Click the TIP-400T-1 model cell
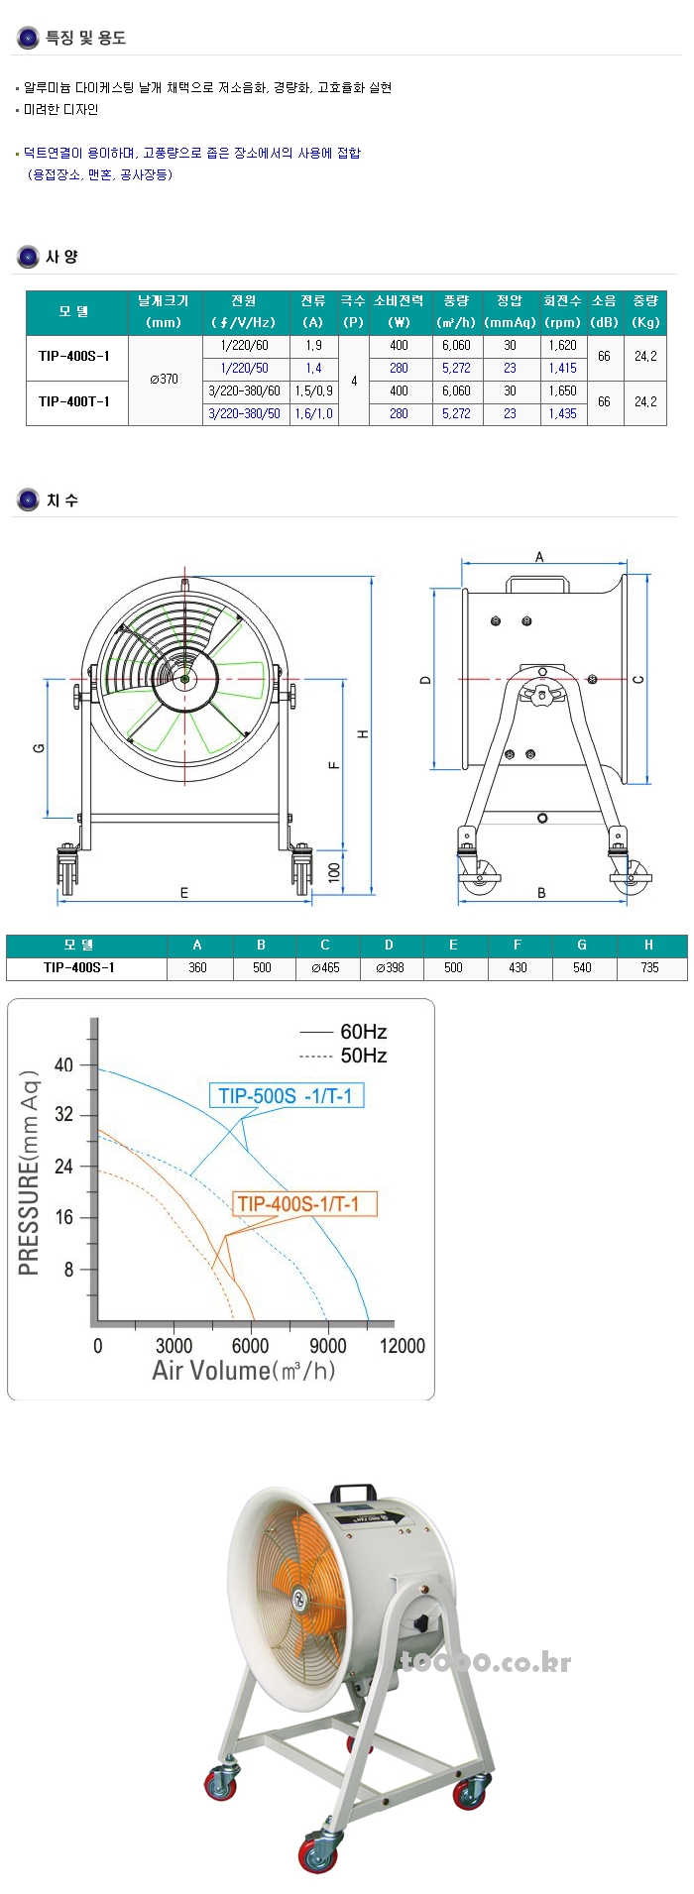(74, 401)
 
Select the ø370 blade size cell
(165, 379)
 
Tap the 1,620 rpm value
(562, 345)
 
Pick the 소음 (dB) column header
(604, 311)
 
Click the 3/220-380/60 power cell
(244, 390)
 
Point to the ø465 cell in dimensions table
(324, 967)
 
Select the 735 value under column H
(649, 967)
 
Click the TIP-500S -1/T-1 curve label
(286, 1095)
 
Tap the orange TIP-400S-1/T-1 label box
(298, 1204)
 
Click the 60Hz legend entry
(362, 1032)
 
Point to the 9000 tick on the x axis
(327, 1345)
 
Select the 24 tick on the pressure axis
(64, 1166)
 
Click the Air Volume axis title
(243, 1371)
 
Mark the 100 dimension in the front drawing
(334, 872)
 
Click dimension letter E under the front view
(184, 893)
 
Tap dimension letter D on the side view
(425, 679)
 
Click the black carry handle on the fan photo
(352, 1492)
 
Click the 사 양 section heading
(61, 257)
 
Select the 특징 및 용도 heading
(85, 38)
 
